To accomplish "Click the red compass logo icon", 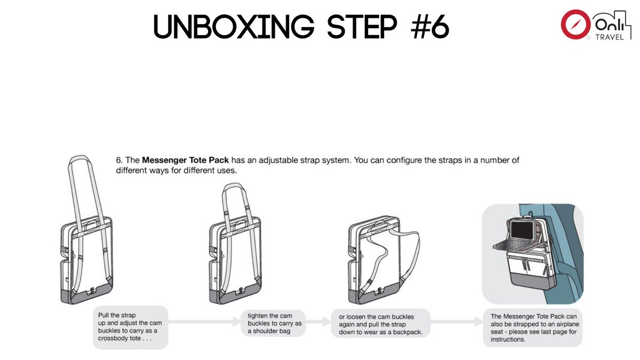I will pos(574,25).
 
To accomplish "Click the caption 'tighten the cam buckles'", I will pos(275,323).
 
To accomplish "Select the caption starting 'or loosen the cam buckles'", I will pos(380,324).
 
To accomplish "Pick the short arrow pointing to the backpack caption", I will pos(318,322).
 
